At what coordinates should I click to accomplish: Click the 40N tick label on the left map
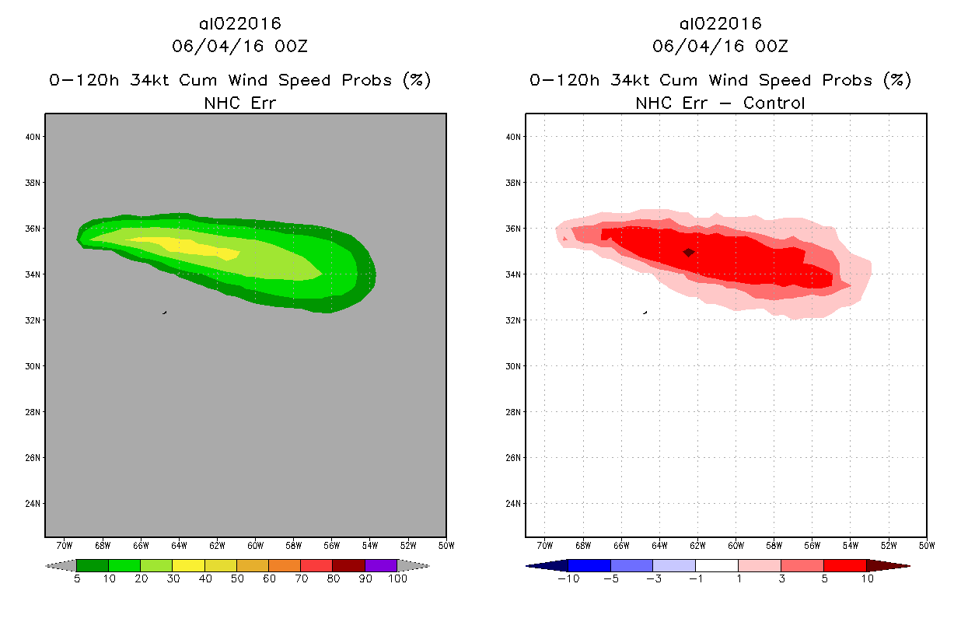34,137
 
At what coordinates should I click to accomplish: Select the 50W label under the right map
926,544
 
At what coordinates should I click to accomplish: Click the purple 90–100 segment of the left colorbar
381,565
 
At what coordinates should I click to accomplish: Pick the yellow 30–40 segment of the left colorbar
188,565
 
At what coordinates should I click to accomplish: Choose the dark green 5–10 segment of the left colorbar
93,565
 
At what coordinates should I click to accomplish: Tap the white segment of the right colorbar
716,565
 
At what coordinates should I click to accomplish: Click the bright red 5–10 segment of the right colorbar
844,565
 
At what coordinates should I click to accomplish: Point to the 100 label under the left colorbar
397,578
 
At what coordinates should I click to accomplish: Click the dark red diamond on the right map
688,252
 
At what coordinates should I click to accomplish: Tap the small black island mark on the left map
164,313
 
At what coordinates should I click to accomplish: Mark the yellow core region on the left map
194,246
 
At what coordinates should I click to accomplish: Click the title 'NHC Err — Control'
720,103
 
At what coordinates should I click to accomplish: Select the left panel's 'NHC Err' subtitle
239,103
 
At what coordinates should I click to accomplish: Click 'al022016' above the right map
720,24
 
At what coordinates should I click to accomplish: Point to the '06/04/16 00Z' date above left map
239,46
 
